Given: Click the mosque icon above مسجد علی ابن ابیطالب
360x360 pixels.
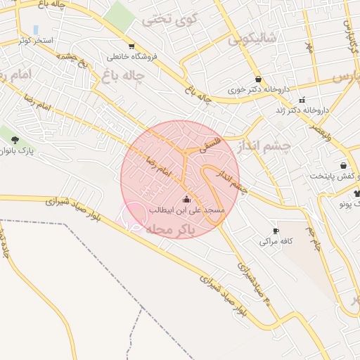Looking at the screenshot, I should click(x=186, y=199).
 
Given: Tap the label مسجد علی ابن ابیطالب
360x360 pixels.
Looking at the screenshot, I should click(x=186, y=210).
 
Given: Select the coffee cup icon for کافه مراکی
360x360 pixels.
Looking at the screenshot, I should click(x=276, y=231).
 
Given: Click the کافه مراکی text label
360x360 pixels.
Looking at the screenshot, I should click(x=274, y=242).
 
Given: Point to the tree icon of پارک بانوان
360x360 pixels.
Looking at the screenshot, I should click(x=15, y=139).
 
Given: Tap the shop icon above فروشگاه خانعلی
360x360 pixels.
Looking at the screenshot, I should click(x=131, y=46).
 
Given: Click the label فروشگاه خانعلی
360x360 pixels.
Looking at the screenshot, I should click(x=131, y=57).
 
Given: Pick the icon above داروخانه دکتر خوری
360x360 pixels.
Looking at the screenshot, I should click(x=259, y=79).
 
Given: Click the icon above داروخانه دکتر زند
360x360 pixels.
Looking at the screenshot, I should click(x=303, y=99).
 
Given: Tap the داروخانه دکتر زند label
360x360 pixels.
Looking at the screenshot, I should click(x=304, y=110).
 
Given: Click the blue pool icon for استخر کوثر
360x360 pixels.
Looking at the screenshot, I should click(x=36, y=30).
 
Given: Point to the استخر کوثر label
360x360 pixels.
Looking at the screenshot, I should click(x=37, y=41).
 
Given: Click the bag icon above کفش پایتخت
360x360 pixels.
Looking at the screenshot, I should click(x=343, y=165).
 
